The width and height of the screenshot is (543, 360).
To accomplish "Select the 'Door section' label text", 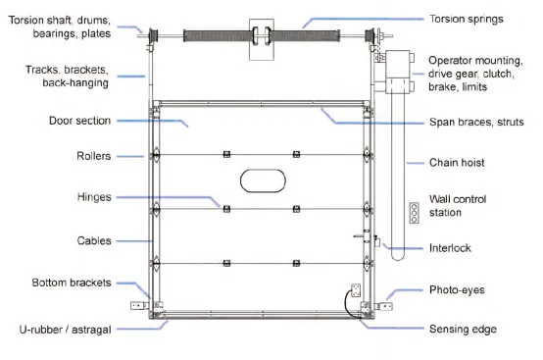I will click(80, 121).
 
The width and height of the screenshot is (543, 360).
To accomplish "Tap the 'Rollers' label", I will click(92, 155).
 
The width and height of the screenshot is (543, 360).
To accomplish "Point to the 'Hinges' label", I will click(94, 196).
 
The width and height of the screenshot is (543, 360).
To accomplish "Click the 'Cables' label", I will click(93, 238).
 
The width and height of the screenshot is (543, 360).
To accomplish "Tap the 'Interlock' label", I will click(450, 247).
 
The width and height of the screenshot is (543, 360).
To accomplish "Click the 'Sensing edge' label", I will click(463, 331).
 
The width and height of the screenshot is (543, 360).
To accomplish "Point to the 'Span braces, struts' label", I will click(476, 121).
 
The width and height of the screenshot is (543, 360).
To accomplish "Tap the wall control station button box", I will click(413, 214).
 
